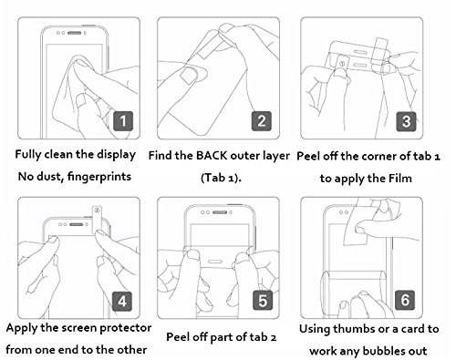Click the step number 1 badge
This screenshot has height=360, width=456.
point(123,121)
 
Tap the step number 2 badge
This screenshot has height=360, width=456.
point(262,121)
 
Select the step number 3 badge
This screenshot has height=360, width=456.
point(406,121)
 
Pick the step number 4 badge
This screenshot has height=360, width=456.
point(122,301)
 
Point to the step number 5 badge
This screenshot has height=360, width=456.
point(263,301)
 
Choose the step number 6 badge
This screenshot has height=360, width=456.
point(405,300)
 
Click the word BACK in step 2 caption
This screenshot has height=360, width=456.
point(212,156)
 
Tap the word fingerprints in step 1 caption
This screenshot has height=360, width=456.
point(99,177)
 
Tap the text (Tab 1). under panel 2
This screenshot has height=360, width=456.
point(221,178)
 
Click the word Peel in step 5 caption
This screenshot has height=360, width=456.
point(176,337)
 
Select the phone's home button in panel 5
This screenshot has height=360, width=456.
point(215,262)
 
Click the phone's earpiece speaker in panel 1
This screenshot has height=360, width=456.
point(74,33)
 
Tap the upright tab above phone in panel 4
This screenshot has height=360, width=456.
point(97,221)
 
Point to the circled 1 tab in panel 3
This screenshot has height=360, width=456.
point(342,65)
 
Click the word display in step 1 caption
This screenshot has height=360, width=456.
point(116,155)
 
